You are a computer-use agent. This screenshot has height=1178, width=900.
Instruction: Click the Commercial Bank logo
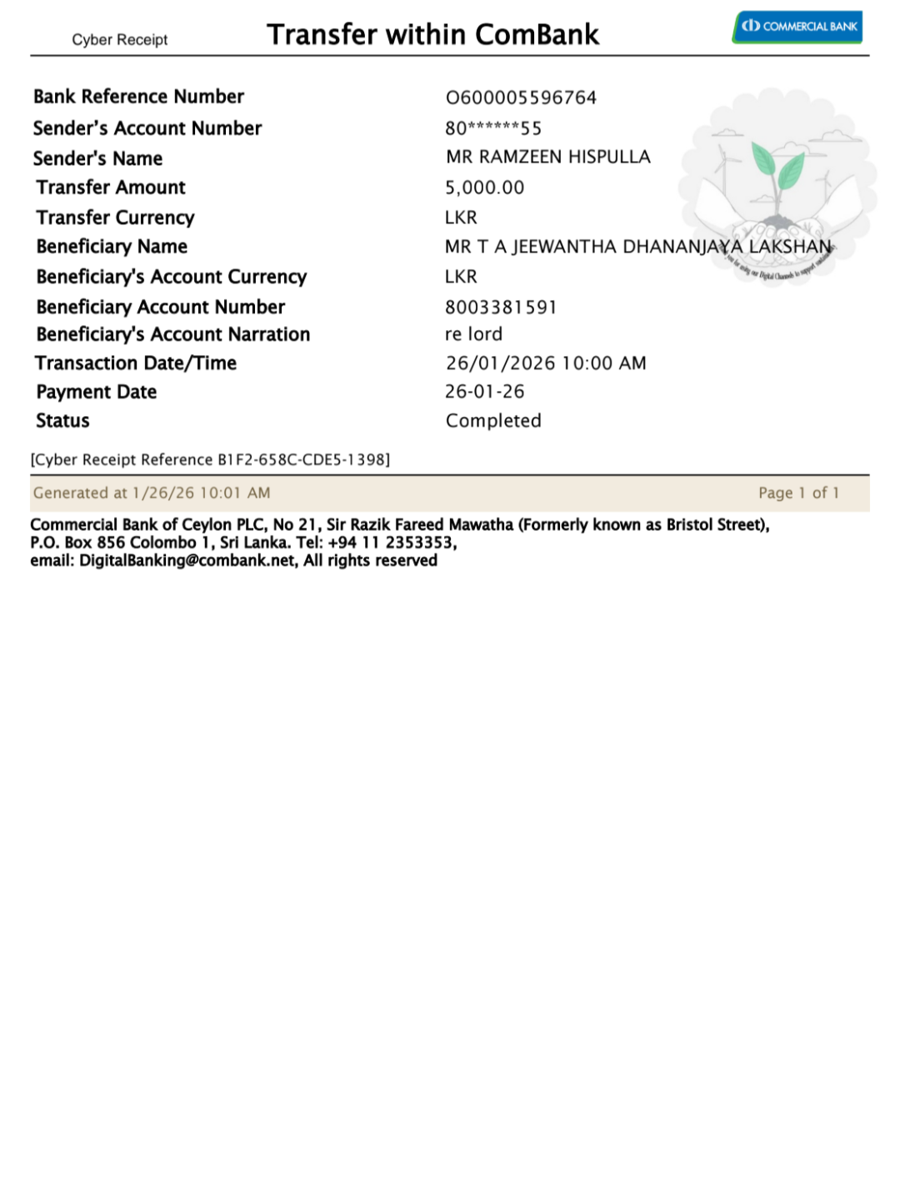pyautogui.click(x=797, y=27)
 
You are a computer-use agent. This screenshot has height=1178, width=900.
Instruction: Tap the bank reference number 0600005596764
pyautogui.click(x=521, y=98)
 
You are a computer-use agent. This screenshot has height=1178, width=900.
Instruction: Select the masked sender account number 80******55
pyautogui.click(x=493, y=128)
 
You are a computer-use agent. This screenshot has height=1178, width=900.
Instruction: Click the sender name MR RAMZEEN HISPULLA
pyautogui.click(x=547, y=157)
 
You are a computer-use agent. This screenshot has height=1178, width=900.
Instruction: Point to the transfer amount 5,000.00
pyautogui.click(x=484, y=188)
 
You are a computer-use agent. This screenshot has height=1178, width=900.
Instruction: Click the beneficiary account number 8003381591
pyautogui.click(x=500, y=308)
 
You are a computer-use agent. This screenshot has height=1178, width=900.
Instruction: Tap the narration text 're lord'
pyautogui.click(x=473, y=334)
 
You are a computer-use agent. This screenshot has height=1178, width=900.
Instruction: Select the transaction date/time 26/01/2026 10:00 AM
pyautogui.click(x=546, y=363)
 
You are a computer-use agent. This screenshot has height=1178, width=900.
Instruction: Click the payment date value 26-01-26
pyautogui.click(x=484, y=392)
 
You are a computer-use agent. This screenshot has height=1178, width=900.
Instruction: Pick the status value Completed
pyautogui.click(x=493, y=421)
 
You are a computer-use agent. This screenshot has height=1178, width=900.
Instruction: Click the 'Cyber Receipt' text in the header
pyautogui.click(x=119, y=40)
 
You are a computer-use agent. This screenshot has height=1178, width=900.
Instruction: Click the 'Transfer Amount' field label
pyautogui.click(x=111, y=188)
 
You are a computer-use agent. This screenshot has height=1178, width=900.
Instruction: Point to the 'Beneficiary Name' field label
pyautogui.click(x=112, y=247)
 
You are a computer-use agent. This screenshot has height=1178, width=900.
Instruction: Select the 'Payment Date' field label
pyautogui.click(x=96, y=392)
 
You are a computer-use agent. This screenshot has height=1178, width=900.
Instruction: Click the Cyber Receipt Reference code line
pyautogui.click(x=210, y=460)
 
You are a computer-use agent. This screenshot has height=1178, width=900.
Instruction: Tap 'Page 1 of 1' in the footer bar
pyautogui.click(x=798, y=494)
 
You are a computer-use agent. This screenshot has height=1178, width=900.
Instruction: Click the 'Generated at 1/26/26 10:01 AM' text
pyautogui.click(x=152, y=494)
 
